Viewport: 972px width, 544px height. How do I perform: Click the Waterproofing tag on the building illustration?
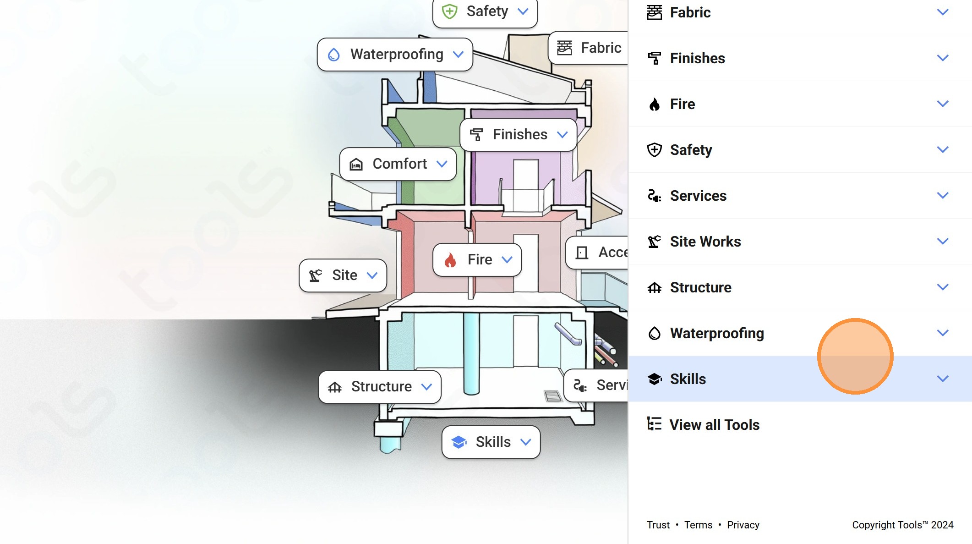coord(395,55)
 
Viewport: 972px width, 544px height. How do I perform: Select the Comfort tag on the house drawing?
coord(398,164)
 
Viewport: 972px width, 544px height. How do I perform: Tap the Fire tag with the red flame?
coord(477,260)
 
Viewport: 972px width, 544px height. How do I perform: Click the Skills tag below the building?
coord(491,442)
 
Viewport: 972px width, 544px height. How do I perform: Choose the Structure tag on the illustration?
coord(380,387)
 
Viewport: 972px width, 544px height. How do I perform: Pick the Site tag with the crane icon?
coord(343,275)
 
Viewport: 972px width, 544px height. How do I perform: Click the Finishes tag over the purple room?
coord(519,135)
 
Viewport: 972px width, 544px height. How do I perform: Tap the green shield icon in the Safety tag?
coord(450,11)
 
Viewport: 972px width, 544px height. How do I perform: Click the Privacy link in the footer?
coord(743,525)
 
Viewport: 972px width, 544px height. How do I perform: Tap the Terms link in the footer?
coord(698,525)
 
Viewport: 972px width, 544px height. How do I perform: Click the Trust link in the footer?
coord(658,525)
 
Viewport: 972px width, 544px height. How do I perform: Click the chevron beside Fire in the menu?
coord(943,104)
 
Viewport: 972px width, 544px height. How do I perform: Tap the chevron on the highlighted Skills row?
coord(943,379)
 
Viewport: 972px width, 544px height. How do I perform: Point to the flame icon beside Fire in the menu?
coord(655,104)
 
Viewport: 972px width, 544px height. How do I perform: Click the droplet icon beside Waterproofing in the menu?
coord(655,333)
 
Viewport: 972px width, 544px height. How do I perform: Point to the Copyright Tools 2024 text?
coord(903,525)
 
